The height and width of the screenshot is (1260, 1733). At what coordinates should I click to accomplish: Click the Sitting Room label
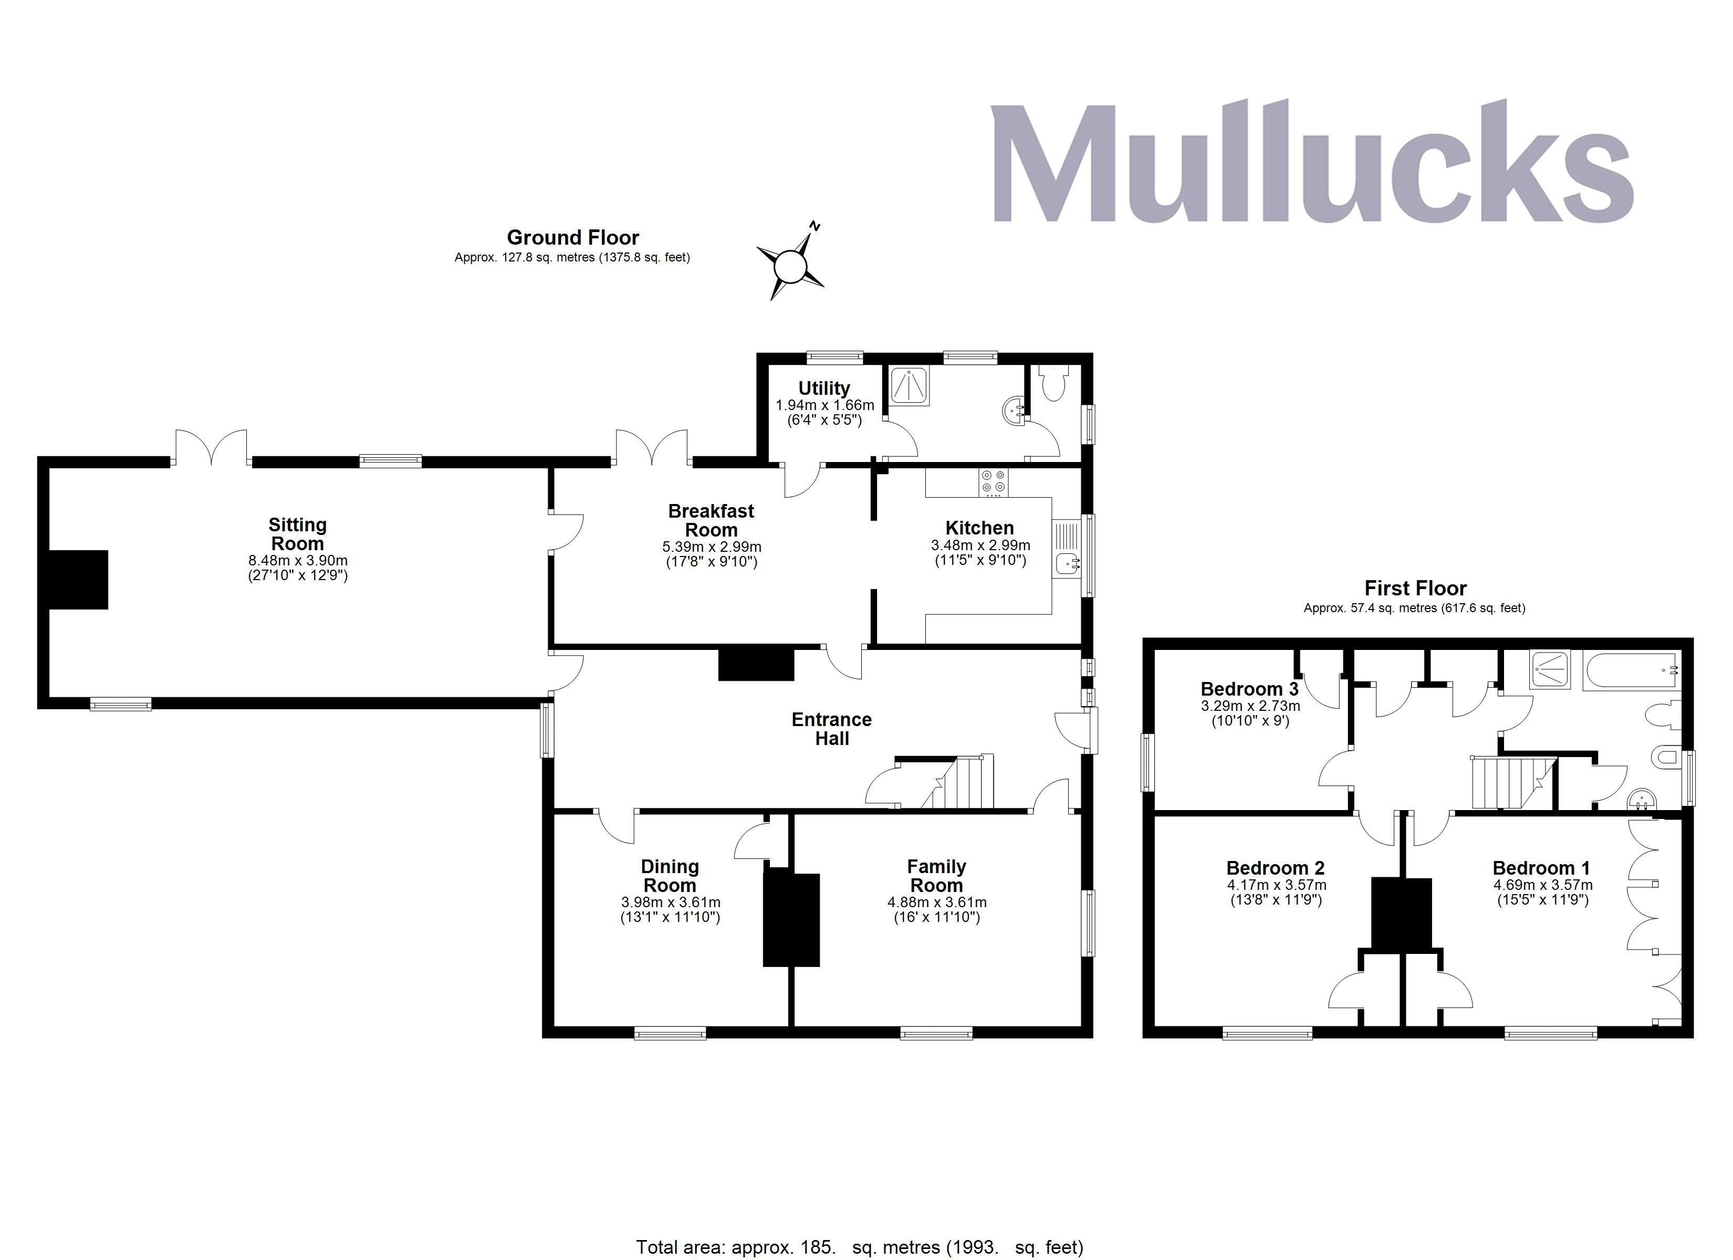tap(297, 534)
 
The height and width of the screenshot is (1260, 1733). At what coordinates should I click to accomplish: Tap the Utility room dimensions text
tap(824, 413)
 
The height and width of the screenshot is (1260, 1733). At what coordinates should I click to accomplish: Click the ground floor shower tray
tap(909, 385)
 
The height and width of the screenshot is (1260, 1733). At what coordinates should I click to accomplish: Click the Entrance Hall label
tap(831, 729)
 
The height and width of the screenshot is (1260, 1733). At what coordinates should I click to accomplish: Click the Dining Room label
tap(670, 876)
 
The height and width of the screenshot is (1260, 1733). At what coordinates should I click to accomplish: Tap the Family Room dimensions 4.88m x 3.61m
tap(937, 902)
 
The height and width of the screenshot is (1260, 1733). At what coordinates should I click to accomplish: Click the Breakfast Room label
tap(711, 520)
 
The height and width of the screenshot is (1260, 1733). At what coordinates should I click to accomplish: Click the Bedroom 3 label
tap(1249, 689)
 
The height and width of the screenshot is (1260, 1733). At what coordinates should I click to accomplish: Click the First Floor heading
tap(1415, 589)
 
